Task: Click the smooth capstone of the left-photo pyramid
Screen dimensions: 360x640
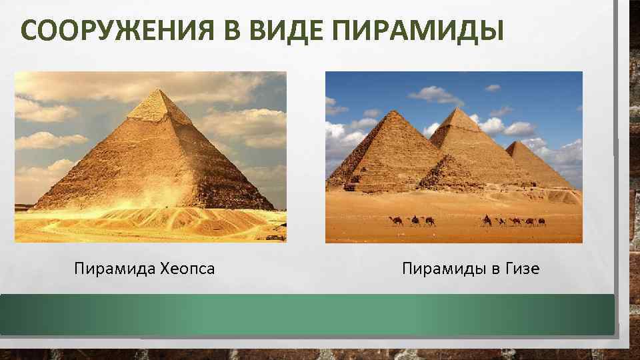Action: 157,105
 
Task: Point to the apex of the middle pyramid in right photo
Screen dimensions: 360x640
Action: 458,109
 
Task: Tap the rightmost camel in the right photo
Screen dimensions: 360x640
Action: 541,221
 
